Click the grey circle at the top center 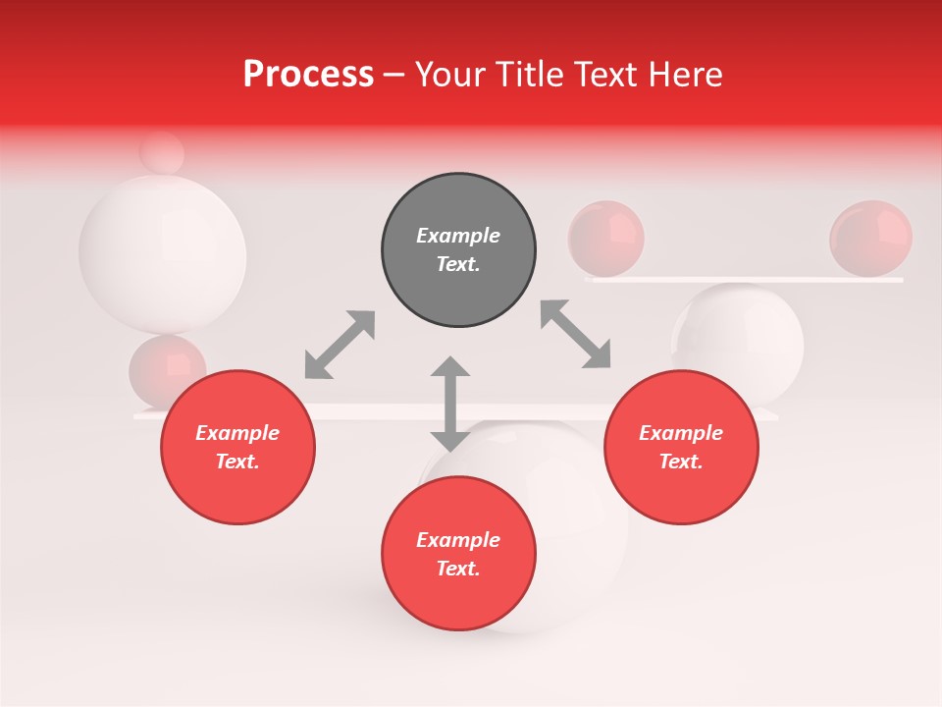click(x=458, y=250)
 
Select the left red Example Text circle click(x=237, y=447)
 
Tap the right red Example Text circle click(x=681, y=447)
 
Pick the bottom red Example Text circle click(x=458, y=554)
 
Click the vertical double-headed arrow click(x=450, y=404)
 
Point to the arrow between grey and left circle click(x=340, y=345)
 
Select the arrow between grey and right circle click(x=576, y=334)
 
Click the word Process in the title click(x=308, y=74)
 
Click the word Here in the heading click(x=686, y=74)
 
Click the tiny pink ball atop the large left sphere click(x=162, y=153)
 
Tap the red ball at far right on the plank click(x=870, y=238)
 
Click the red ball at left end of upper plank click(x=605, y=238)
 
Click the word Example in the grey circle click(x=458, y=236)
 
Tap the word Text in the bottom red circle click(x=458, y=569)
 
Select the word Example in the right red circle click(x=681, y=433)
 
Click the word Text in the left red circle click(x=237, y=462)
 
